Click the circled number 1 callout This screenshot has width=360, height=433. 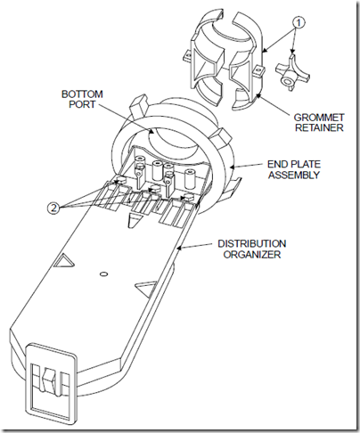click(x=299, y=22)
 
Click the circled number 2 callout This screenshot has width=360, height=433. click(x=53, y=208)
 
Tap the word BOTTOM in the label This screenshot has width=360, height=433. click(x=82, y=94)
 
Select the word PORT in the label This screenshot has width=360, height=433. click(x=82, y=104)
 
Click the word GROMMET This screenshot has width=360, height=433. click(x=319, y=118)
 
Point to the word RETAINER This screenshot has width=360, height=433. click(x=319, y=127)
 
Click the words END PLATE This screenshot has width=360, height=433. click(x=294, y=164)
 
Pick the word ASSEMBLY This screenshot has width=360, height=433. click(x=294, y=175)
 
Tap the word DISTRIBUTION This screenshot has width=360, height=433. click(x=252, y=243)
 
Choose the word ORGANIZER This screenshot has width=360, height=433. click(x=252, y=254)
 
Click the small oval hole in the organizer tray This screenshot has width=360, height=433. click(x=103, y=274)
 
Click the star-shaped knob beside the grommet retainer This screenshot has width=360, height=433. click(x=292, y=72)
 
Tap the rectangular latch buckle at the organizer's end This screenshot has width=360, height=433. click(x=51, y=381)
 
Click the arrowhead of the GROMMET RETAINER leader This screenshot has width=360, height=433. click(x=258, y=94)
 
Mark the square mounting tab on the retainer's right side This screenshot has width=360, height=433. click(x=259, y=70)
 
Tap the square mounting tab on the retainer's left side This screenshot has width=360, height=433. click(x=188, y=55)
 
